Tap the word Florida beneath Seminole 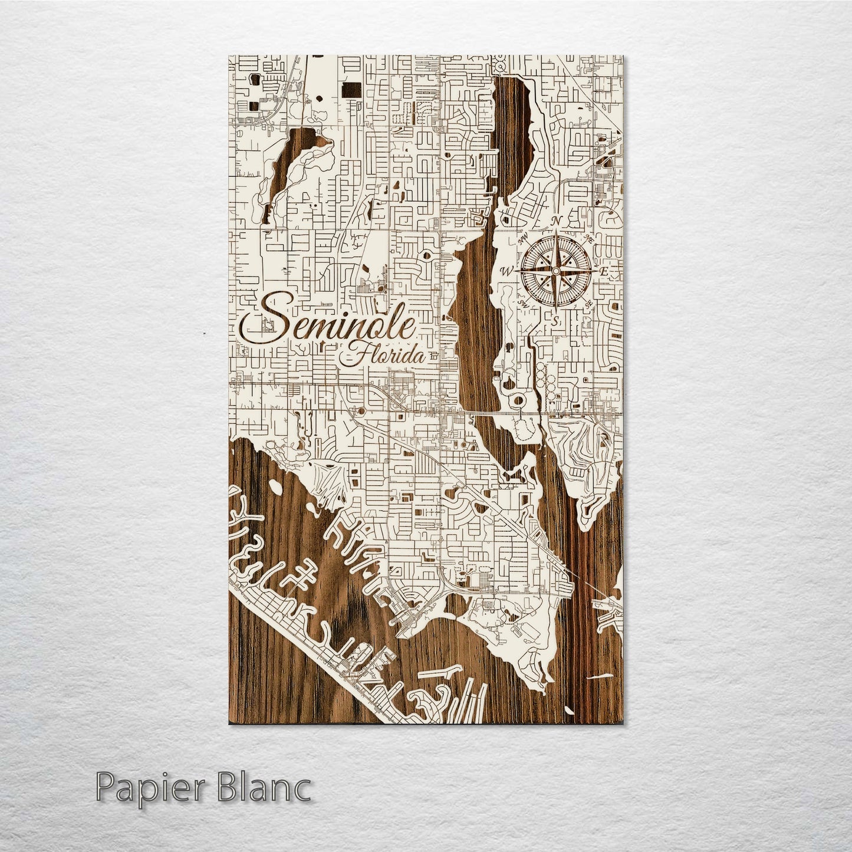(x=384, y=356)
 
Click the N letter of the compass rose (x=555, y=221)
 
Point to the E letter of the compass (x=603, y=272)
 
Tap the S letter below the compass (x=555, y=321)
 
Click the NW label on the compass (x=521, y=240)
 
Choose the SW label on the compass (x=522, y=303)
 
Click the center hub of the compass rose (x=555, y=271)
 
